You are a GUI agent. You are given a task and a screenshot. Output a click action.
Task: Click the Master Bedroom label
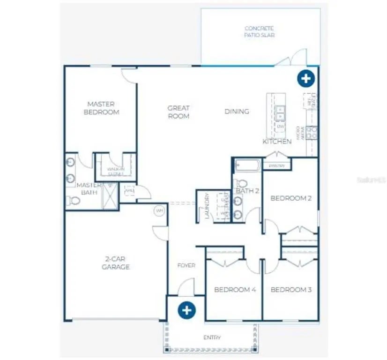tap(101, 108)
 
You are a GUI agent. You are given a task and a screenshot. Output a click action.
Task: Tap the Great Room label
tap(179, 112)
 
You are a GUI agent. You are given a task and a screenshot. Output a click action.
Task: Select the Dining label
tap(237, 112)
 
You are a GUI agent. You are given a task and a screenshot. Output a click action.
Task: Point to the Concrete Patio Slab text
tap(259, 32)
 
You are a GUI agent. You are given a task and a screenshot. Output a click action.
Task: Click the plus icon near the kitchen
tap(305, 78)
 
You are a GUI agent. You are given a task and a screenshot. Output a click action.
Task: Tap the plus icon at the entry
tap(186, 310)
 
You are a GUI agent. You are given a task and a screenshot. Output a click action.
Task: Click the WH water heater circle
tap(159, 211)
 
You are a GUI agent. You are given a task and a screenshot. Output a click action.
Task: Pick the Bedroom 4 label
tap(235, 290)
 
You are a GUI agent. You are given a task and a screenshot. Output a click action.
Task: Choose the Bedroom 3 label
tap(291, 290)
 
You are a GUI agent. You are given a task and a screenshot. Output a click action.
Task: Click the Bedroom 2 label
tap(291, 198)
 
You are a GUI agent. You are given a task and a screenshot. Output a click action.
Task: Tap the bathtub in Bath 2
tap(246, 165)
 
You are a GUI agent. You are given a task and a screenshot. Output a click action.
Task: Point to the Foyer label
tap(186, 265)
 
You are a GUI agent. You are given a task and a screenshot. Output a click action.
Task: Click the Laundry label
tap(206, 207)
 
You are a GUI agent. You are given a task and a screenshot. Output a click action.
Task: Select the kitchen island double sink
tap(280, 112)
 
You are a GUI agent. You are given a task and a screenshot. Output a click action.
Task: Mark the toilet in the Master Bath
tap(73, 201)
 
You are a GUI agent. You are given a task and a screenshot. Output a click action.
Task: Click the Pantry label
tap(276, 165)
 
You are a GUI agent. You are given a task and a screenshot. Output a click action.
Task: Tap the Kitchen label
tap(277, 141)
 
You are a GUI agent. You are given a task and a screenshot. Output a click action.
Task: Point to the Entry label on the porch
tap(212, 337)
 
